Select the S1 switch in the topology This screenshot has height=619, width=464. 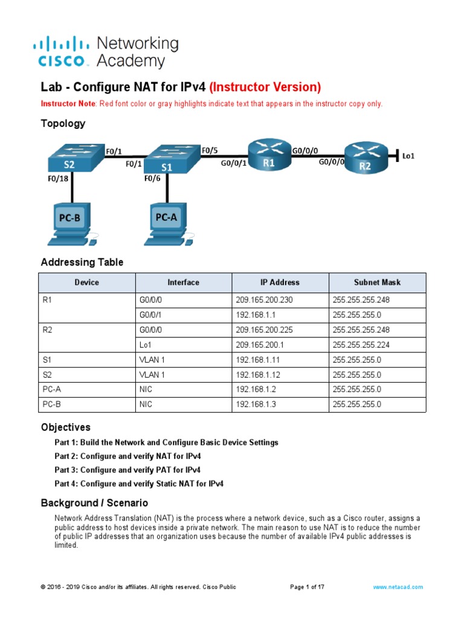point(167,160)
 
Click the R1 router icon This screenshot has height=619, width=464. point(268,157)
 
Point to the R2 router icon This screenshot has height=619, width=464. point(365,158)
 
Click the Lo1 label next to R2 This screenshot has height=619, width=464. point(408,156)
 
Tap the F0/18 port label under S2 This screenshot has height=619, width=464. point(59,179)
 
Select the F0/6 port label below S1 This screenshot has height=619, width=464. point(152,178)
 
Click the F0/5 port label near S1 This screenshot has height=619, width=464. point(210,149)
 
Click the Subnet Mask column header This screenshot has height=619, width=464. point(377,282)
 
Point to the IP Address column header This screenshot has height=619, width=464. point(280,282)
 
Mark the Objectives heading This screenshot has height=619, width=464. point(65,427)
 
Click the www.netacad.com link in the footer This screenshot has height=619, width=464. point(398,587)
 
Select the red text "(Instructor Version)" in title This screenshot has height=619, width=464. point(265,87)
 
